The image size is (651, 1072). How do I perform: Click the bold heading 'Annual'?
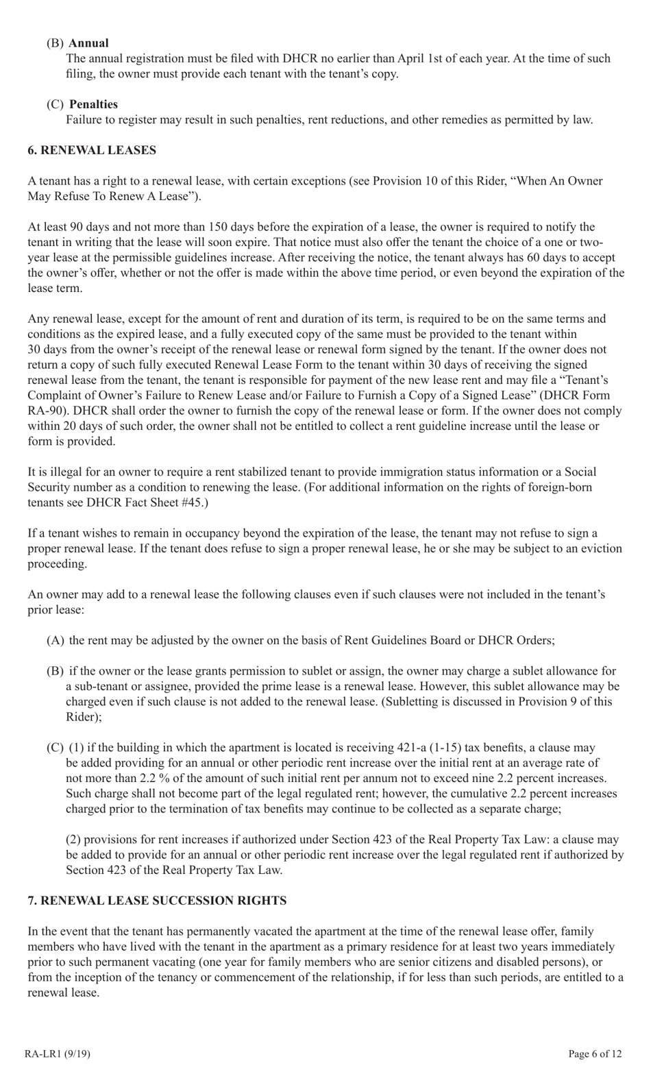pos(88,43)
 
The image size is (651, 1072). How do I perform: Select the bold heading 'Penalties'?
pos(93,104)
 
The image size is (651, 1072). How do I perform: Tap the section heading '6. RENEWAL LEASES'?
pos(92,150)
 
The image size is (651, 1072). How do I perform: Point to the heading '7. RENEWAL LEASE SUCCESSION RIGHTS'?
pos(157,900)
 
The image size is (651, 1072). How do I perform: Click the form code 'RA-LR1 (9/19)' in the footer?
pos(57,1053)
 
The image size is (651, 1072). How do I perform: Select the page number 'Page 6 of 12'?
pos(595,1053)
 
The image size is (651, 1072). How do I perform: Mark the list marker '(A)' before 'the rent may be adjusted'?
pos(56,640)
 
